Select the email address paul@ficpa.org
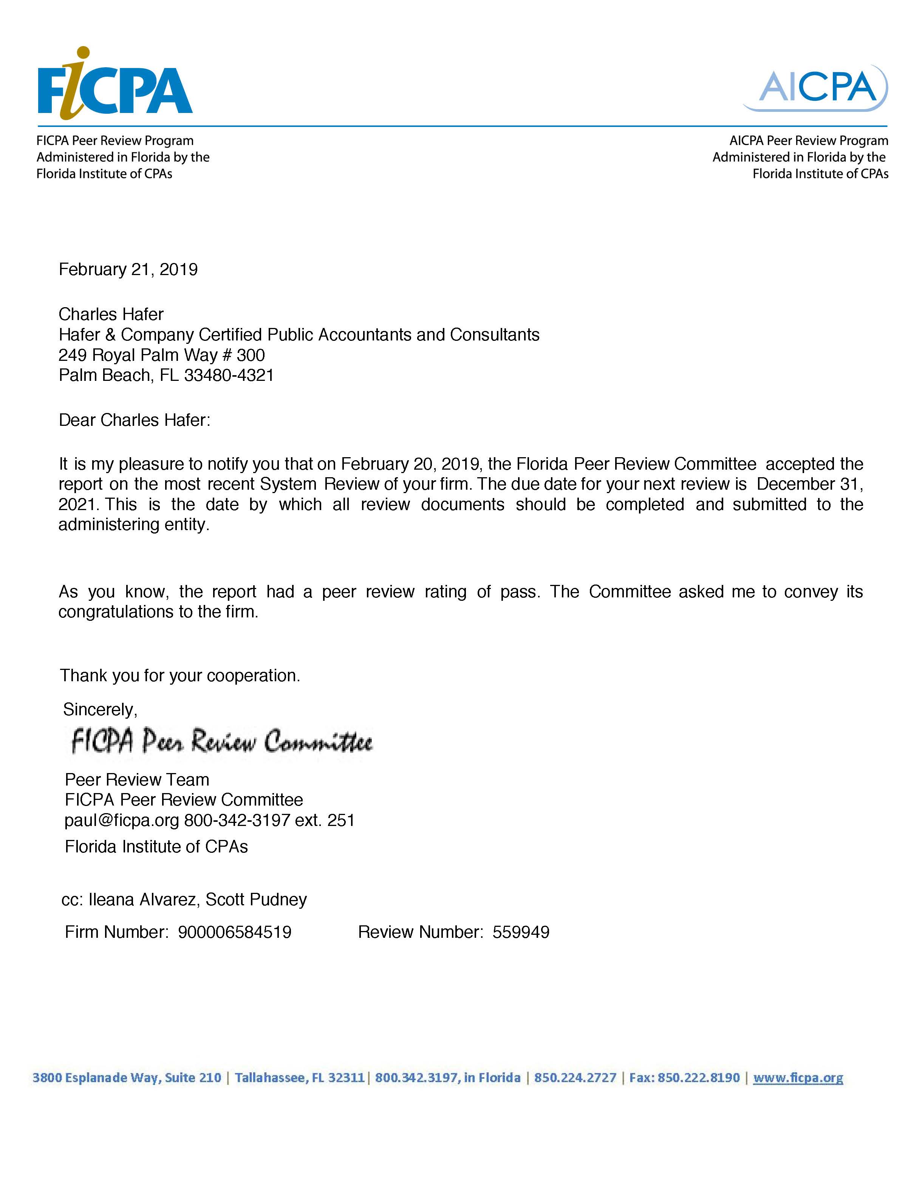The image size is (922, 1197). point(122,820)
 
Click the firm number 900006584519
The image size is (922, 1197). point(235,932)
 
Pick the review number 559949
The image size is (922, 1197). point(521,932)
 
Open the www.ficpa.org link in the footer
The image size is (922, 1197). point(798,1078)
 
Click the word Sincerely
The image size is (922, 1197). point(100,709)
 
